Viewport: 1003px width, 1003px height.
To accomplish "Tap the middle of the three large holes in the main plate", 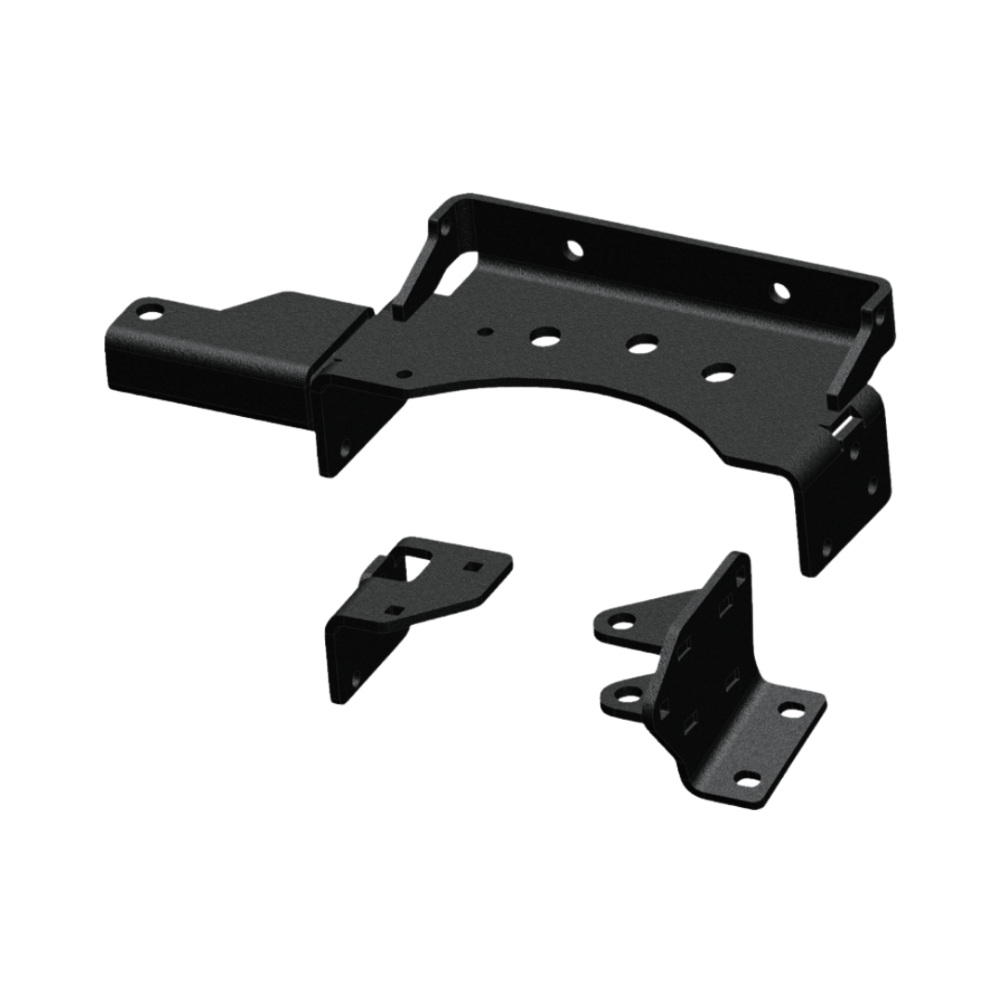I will (638, 345).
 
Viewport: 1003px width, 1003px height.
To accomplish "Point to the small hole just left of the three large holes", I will (484, 330).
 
